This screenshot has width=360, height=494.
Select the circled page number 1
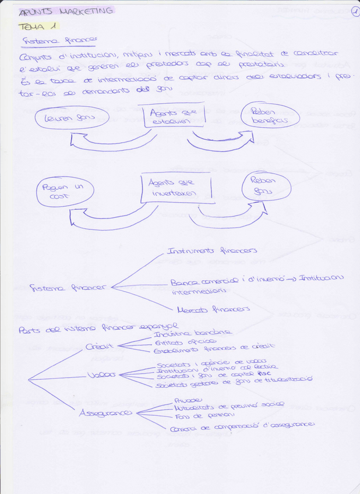pos(355,11)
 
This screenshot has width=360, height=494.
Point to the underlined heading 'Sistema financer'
pos(59,41)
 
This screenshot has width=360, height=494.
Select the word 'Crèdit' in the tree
pos(100,347)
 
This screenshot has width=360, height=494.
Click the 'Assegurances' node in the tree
pos(105,412)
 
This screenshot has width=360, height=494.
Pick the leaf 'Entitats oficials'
pos(178,343)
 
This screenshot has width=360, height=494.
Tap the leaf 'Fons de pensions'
pos(196,415)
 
